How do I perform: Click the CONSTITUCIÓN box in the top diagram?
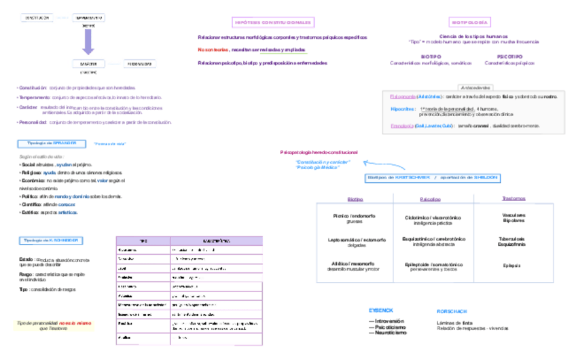(x=38, y=18)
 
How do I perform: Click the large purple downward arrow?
(x=88, y=41)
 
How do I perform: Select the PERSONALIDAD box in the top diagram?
(x=139, y=64)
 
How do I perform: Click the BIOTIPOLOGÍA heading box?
(x=470, y=22)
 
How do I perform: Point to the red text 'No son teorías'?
(x=213, y=50)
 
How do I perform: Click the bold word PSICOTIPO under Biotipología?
(x=509, y=56)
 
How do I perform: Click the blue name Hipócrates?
(x=403, y=109)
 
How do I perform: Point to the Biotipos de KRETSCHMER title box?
(x=432, y=177)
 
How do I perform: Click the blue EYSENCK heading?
(x=380, y=310)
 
